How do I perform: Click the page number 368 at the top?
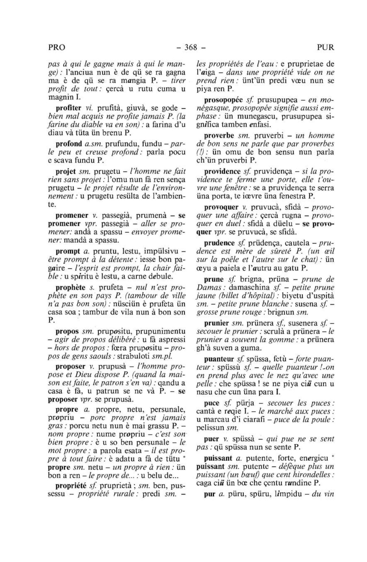click(x=191, y=47)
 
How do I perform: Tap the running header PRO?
click(x=57, y=47)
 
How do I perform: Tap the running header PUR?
click(x=325, y=47)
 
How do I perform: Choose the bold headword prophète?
click(x=71, y=288)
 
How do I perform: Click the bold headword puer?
click(x=211, y=439)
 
